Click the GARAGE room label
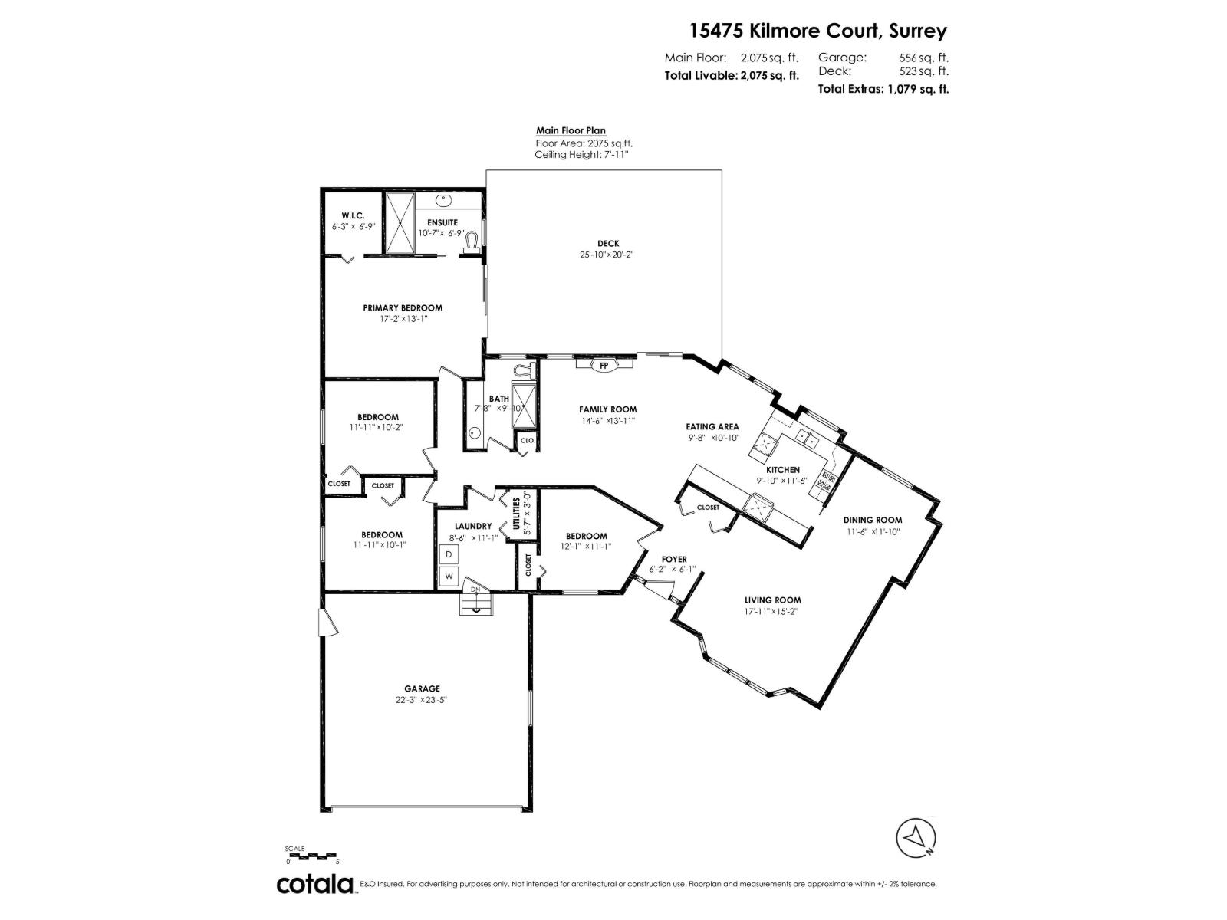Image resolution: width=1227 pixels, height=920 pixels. [x=422, y=688]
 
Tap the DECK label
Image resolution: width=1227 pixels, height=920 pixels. [x=608, y=244]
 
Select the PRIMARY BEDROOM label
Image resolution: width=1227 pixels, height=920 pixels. [x=403, y=307]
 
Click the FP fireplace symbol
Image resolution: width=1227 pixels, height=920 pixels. [x=604, y=366]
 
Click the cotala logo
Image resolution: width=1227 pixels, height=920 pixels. [x=314, y=884]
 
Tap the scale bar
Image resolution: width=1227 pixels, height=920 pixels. [x=311, y=856]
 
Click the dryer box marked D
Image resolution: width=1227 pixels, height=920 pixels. [x=449, y=554]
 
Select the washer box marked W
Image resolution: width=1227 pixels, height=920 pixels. [x=449, y=576]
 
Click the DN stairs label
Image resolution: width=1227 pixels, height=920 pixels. [x=475, y=590]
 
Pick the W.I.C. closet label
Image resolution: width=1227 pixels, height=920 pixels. [x=353, y=216]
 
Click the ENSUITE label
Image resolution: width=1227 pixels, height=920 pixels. [x=442, y=222]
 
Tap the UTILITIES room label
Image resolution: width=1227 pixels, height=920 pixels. [x=516, y=514]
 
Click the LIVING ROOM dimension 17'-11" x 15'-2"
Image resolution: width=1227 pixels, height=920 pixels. [x=772, y=612]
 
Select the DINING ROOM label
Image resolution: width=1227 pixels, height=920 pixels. [x=873, y=520]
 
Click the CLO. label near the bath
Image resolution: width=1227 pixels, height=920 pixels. [x=527, y=440]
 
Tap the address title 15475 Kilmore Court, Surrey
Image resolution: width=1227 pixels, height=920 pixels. [x=818, y=31]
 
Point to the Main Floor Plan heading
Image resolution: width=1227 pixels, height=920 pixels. [x=571, y=131]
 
